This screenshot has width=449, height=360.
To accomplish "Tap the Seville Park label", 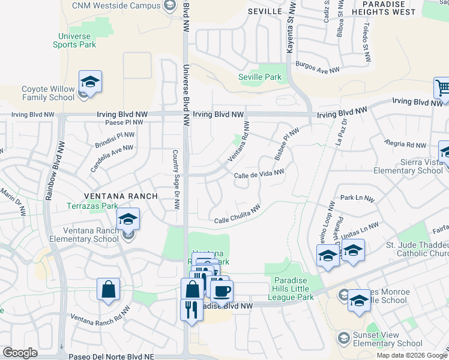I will tap(259, 77).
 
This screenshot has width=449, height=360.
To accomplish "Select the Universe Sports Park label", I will tap(74, 40).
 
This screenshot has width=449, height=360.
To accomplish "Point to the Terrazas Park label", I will tap(92, 206).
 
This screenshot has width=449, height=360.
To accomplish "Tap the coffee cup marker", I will tap(221, 292).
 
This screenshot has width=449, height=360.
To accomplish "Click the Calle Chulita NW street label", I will tap(238, 215).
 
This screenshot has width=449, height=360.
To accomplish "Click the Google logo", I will tap(20, 353).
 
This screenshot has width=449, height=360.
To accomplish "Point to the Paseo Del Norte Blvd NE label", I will tap(111, 356).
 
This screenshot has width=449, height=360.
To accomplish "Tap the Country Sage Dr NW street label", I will tap(176, 179).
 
